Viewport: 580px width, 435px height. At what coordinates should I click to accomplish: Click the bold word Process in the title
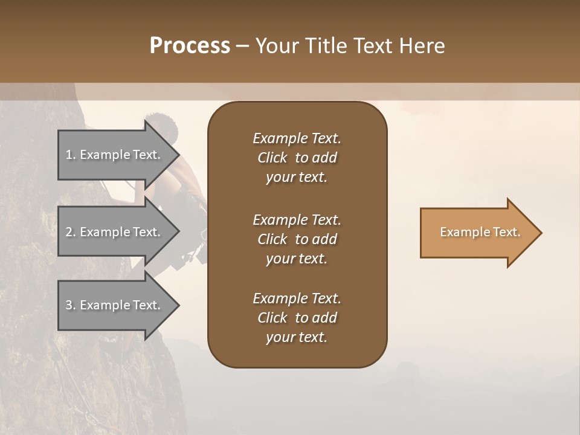(190, 46)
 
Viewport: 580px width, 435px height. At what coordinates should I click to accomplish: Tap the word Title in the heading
(327, 46)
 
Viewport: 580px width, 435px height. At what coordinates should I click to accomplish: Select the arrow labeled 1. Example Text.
(115, 155)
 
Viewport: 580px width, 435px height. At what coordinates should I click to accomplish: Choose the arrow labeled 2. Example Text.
(115, 232)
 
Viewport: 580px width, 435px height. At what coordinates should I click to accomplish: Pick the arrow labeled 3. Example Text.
(115, 305)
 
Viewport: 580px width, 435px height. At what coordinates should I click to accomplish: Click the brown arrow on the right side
(477, 233)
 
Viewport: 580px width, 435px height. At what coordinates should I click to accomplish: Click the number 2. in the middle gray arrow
(71, 232)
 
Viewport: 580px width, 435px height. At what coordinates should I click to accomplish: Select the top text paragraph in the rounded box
(297, 158)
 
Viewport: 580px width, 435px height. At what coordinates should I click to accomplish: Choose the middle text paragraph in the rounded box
(297, 239)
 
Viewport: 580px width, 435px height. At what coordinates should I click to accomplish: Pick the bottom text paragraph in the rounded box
(297, 318)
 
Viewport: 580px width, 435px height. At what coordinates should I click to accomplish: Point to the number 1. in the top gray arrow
(71, 155)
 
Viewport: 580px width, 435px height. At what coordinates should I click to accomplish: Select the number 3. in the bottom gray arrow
(71, 305)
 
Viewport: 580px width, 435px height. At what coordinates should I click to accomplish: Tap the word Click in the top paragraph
(272, 158)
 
